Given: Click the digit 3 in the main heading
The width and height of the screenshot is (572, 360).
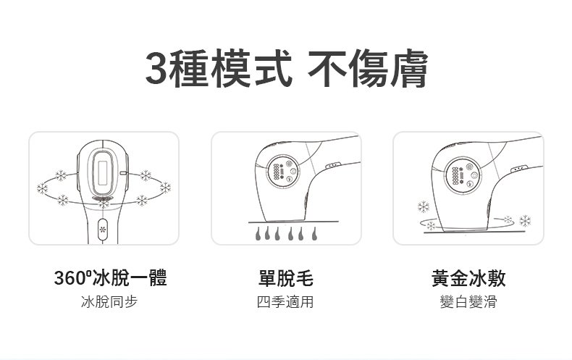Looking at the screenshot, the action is click(158, 68).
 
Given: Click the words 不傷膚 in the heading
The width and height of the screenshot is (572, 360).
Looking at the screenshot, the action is click(368, 68).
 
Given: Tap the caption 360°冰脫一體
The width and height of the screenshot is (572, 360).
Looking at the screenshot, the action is click(111, 277).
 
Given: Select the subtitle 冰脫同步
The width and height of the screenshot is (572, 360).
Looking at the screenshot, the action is click(109, 302).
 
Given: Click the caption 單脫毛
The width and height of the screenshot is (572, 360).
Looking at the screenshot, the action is click(285, 277).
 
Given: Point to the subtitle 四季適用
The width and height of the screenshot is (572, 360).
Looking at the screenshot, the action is click(285, 302).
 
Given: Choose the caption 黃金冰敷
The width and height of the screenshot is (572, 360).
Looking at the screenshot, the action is click(468, 277).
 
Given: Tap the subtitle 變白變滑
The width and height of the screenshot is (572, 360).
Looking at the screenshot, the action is click(468, 302).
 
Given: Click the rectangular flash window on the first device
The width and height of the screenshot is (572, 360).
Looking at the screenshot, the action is click(103, 172).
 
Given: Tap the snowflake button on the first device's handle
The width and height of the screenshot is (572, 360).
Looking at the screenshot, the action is click(103, 230).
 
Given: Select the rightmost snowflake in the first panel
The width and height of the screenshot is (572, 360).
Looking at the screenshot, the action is click(165, 188).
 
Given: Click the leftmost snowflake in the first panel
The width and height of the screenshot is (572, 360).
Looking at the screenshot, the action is click(42, 188).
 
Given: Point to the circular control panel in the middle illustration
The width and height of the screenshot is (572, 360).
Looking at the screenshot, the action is click(282, 171).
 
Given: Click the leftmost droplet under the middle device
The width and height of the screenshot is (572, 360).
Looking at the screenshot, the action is click(258, 233).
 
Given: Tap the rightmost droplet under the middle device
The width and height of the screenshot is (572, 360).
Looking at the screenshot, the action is click(314, 233).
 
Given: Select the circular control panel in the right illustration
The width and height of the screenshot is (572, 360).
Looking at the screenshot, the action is click(463, 175).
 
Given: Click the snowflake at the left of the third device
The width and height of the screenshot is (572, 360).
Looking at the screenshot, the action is click(424, 207).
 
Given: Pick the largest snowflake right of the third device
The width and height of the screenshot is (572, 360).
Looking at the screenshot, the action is click(526, 220).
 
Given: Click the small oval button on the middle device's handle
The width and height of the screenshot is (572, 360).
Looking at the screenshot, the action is click(333, 166).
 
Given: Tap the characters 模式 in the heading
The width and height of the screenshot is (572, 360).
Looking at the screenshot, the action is click(251, 68).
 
